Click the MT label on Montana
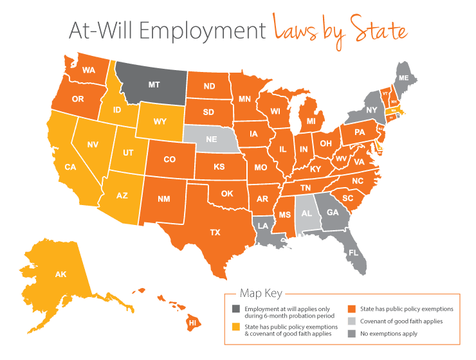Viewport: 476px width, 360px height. click(x=154, y=84)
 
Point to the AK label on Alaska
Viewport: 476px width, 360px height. click(x=60, y=274)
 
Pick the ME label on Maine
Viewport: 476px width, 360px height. click(x=404, y=78)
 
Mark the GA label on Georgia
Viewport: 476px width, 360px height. click(x=333, y=213)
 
